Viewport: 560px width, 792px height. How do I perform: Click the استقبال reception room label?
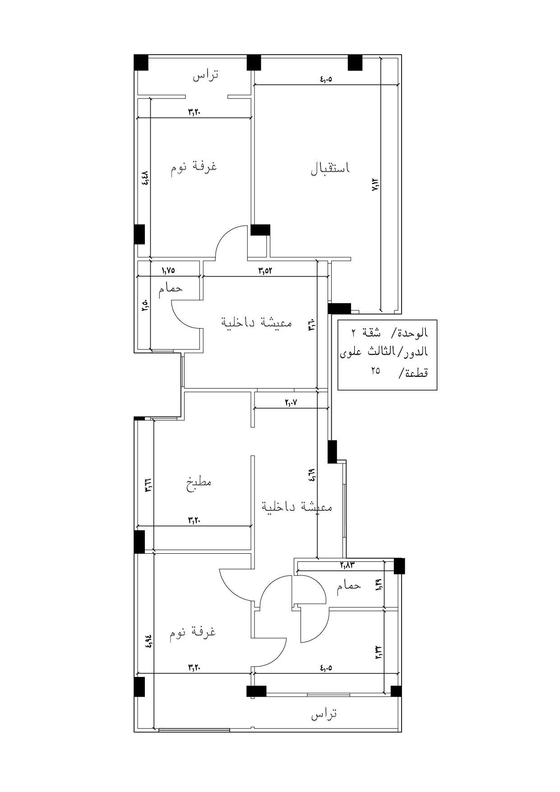click(330, 168)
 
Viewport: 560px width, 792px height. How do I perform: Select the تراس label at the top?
click(206, 75)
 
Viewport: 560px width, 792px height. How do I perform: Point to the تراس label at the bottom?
click(324, 714)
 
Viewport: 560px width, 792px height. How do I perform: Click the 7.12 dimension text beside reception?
click(375, 185)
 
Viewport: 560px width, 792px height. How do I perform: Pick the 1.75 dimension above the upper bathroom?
click(168, 270)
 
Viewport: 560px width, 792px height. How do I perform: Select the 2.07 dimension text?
click(292, 402)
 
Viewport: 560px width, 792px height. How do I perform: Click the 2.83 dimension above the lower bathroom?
click(348, 564)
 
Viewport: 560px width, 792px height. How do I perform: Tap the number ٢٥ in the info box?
click(375, 371)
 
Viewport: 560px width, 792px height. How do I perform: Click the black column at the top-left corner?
click(141, 62)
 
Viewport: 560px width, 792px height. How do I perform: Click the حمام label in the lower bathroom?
click(348, 586)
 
